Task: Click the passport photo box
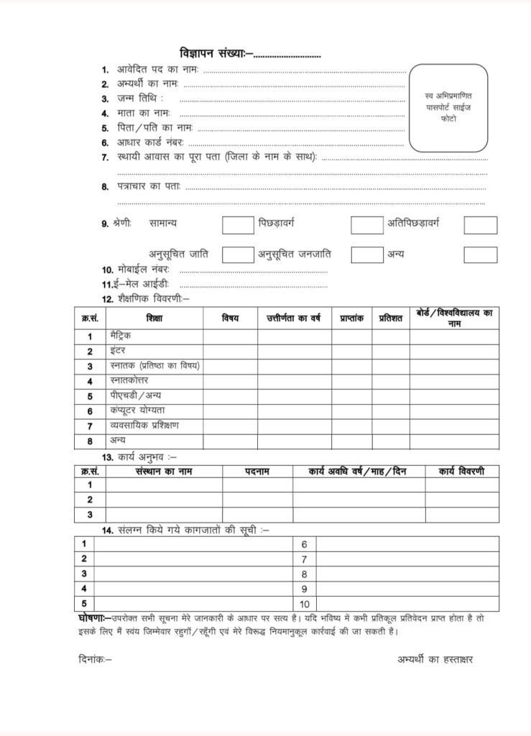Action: pyautogui.click(x=448, y=107)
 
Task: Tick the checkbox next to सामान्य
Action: pyautogui.click(x=238, y=225)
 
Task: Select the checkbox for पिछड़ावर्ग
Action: pyautogui.click(x=366, y=225)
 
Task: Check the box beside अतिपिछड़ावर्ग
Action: pyautogui.click(x=480, y=225)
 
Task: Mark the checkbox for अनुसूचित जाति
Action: pyautogui.click(x=238, y=254)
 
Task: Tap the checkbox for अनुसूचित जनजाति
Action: pyautogui.click(x=366, y=254)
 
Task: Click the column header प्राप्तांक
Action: pyautogui.click(x=351, y=318)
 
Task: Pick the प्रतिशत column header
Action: pyautogui.click(x=391, y=318)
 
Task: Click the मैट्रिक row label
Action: pyautogui.click(x=121, y=336)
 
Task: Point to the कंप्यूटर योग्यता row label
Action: pyautogui.click(x=137, y=410)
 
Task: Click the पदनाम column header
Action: pyautogui.click(x=257, y=471)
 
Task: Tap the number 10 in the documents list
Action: pyautogui.click(x=305, y=604)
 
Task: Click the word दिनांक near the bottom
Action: pyautogui.click(x=94, y=659)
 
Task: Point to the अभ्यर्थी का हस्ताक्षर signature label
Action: pyautogui.click(x=435, y=659)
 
